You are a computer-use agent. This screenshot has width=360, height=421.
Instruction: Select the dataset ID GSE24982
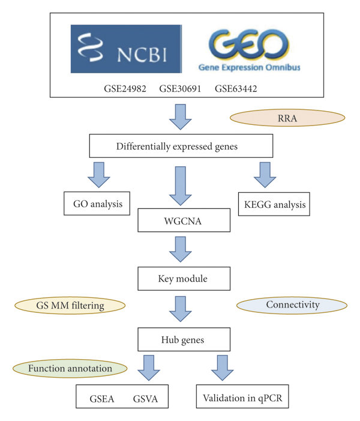click(128, 89)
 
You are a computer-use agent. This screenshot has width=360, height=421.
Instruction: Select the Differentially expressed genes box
click(181, 146)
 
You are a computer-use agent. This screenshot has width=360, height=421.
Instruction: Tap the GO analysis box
click(97, 204)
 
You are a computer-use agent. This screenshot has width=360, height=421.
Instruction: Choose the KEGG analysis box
click(272, 204)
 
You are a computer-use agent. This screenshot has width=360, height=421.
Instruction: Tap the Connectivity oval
click(291, 305)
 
